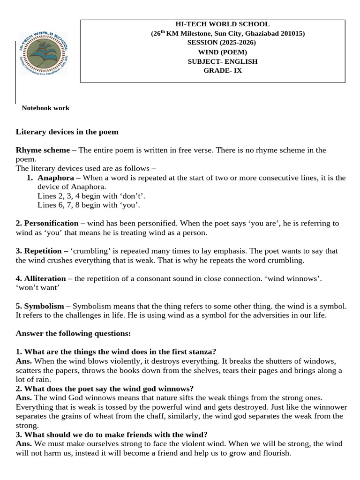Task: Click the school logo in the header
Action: click(x=43, y=53)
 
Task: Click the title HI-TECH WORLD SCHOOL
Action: click(x=222, y=24)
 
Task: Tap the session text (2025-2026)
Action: click(x=222, y=43)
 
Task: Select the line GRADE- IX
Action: click(x=222, y=71)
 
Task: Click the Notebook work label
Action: click(x=45, y=108)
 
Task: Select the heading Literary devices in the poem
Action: click(x=67, y=132)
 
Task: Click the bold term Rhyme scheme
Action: click(x=43, y=150)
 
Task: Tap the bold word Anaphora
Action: click(x=56, y=178)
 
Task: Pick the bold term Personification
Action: click(x=51, y=223)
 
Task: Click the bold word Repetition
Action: click(x=43, y=251)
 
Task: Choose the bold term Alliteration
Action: click(x=45, y=278)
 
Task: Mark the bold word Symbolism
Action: click(x=44, y=306)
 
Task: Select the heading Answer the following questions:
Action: click(x=73, y=333)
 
